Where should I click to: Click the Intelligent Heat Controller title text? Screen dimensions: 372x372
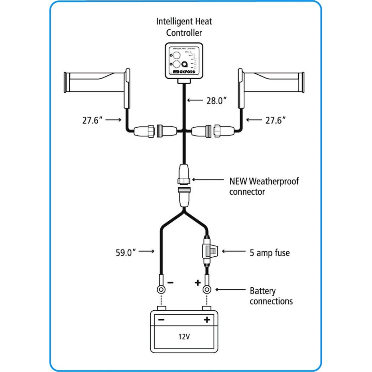184,27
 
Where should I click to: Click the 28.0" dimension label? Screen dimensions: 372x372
217,100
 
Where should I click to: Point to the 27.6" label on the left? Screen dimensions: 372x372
92,120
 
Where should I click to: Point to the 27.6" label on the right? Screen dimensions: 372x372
276,120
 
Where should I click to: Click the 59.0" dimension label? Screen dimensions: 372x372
126,252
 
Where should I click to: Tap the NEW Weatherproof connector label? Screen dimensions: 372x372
264,186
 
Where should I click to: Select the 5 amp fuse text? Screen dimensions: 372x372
270,253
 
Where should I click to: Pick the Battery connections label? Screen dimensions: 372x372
271,296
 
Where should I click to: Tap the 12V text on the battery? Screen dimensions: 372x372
184,336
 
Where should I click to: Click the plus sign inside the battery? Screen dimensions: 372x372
207,320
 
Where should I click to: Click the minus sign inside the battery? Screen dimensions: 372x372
161,320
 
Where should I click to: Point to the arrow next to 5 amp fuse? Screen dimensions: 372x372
234,251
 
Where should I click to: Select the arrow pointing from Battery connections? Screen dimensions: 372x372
230,290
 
